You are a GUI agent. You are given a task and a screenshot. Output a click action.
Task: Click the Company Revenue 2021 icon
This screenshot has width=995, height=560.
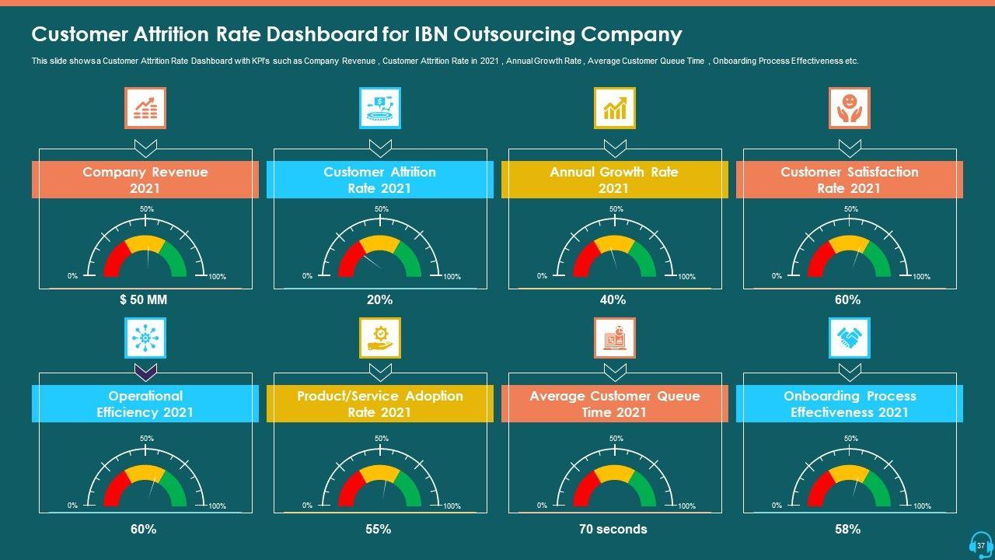(x=145, y=108)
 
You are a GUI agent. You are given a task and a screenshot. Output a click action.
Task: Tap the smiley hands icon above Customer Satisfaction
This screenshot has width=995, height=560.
(x=849, y=108)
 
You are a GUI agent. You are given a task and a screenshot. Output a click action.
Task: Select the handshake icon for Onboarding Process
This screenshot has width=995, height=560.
(x=849, y=338)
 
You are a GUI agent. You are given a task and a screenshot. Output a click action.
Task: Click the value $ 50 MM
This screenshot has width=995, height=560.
(x=144, y=299)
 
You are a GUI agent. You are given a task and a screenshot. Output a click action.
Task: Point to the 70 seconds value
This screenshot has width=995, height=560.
(x=613, y=529)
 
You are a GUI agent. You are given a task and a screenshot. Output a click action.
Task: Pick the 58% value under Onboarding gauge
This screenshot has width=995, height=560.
(x=847, y=529)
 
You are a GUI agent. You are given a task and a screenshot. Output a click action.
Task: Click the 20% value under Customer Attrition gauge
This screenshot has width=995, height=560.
(x=379, y=299)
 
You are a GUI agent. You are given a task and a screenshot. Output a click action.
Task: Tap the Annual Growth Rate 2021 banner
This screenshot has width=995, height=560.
(x=614, y=180)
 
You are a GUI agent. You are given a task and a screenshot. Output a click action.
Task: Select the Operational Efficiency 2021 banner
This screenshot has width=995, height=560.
(x=145, y=404)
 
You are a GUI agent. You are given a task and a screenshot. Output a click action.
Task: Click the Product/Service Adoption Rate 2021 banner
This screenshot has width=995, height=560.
(x=380, y=404)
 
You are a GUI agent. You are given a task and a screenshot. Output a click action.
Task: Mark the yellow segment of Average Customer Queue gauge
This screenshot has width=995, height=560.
(x=614, y=474)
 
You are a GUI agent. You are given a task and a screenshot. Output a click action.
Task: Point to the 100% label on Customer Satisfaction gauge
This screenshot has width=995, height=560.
(x=921, y=277)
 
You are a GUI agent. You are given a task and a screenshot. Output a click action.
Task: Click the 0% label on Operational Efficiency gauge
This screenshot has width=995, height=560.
(x=72, y=506)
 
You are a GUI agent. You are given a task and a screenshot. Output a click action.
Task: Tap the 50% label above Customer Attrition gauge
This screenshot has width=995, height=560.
(x=381, y=209)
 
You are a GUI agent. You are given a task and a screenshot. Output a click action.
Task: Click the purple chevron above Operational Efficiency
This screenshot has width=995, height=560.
(x=145, y=371)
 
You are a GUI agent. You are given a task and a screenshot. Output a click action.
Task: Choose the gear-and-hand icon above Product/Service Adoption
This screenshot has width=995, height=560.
(x=380, y=338)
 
